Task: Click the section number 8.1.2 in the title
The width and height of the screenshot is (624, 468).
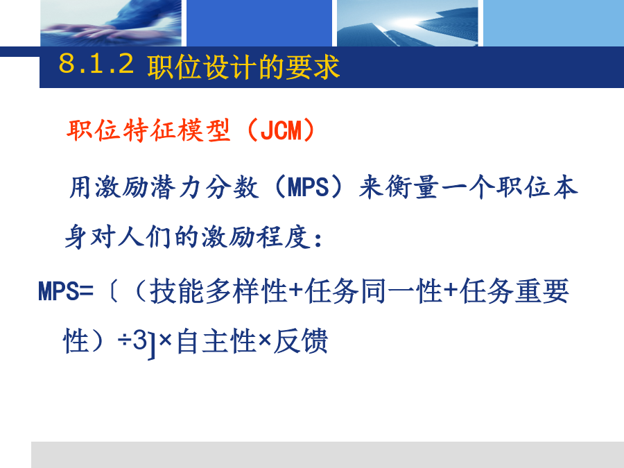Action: tap(96, 63)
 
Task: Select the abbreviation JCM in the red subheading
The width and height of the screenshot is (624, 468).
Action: tap(281, 130)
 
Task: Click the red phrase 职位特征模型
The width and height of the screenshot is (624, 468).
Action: tap(148, 130)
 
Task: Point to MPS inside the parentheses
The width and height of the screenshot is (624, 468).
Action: tap(308, 187)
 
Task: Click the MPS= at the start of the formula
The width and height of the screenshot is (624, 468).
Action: tap(66, 291)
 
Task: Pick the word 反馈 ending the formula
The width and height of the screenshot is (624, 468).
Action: tap(300, 341)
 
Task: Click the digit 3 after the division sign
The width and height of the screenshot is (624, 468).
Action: tap(139, 340)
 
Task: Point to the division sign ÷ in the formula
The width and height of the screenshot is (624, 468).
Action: tap(125, 340)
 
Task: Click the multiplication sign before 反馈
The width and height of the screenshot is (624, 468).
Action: tap(265, 340)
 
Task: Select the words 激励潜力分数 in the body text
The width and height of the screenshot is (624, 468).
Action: tap(177, 187)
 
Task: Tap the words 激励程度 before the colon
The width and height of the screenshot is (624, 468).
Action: tap(256, 237)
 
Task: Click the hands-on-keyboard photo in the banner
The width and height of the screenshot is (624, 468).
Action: tap(111, 23)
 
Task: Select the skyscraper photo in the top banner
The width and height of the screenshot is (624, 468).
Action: tap(408, 23)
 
